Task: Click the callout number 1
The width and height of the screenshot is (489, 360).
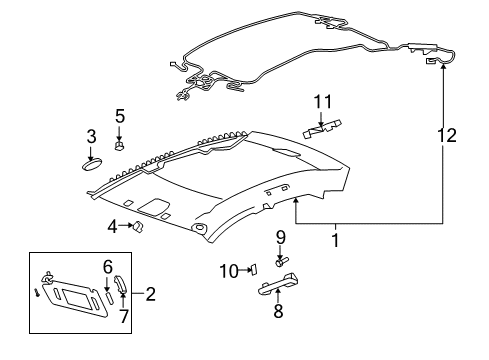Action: click(335, 240)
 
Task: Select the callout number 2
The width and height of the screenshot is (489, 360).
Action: click(150, 294)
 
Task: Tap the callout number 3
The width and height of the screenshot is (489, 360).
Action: click(90, 136)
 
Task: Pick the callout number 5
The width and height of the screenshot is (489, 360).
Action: click(119, 115)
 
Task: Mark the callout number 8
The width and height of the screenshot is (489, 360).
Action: click(278, 311)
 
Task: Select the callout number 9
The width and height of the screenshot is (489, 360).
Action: click(281, 237)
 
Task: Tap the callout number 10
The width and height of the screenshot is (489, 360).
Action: click(228, 269)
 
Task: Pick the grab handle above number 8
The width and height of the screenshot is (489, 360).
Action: click(278, 287)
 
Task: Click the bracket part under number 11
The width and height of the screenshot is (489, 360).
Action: click(321, 126)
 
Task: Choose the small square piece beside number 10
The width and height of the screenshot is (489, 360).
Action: click(253, 268)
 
